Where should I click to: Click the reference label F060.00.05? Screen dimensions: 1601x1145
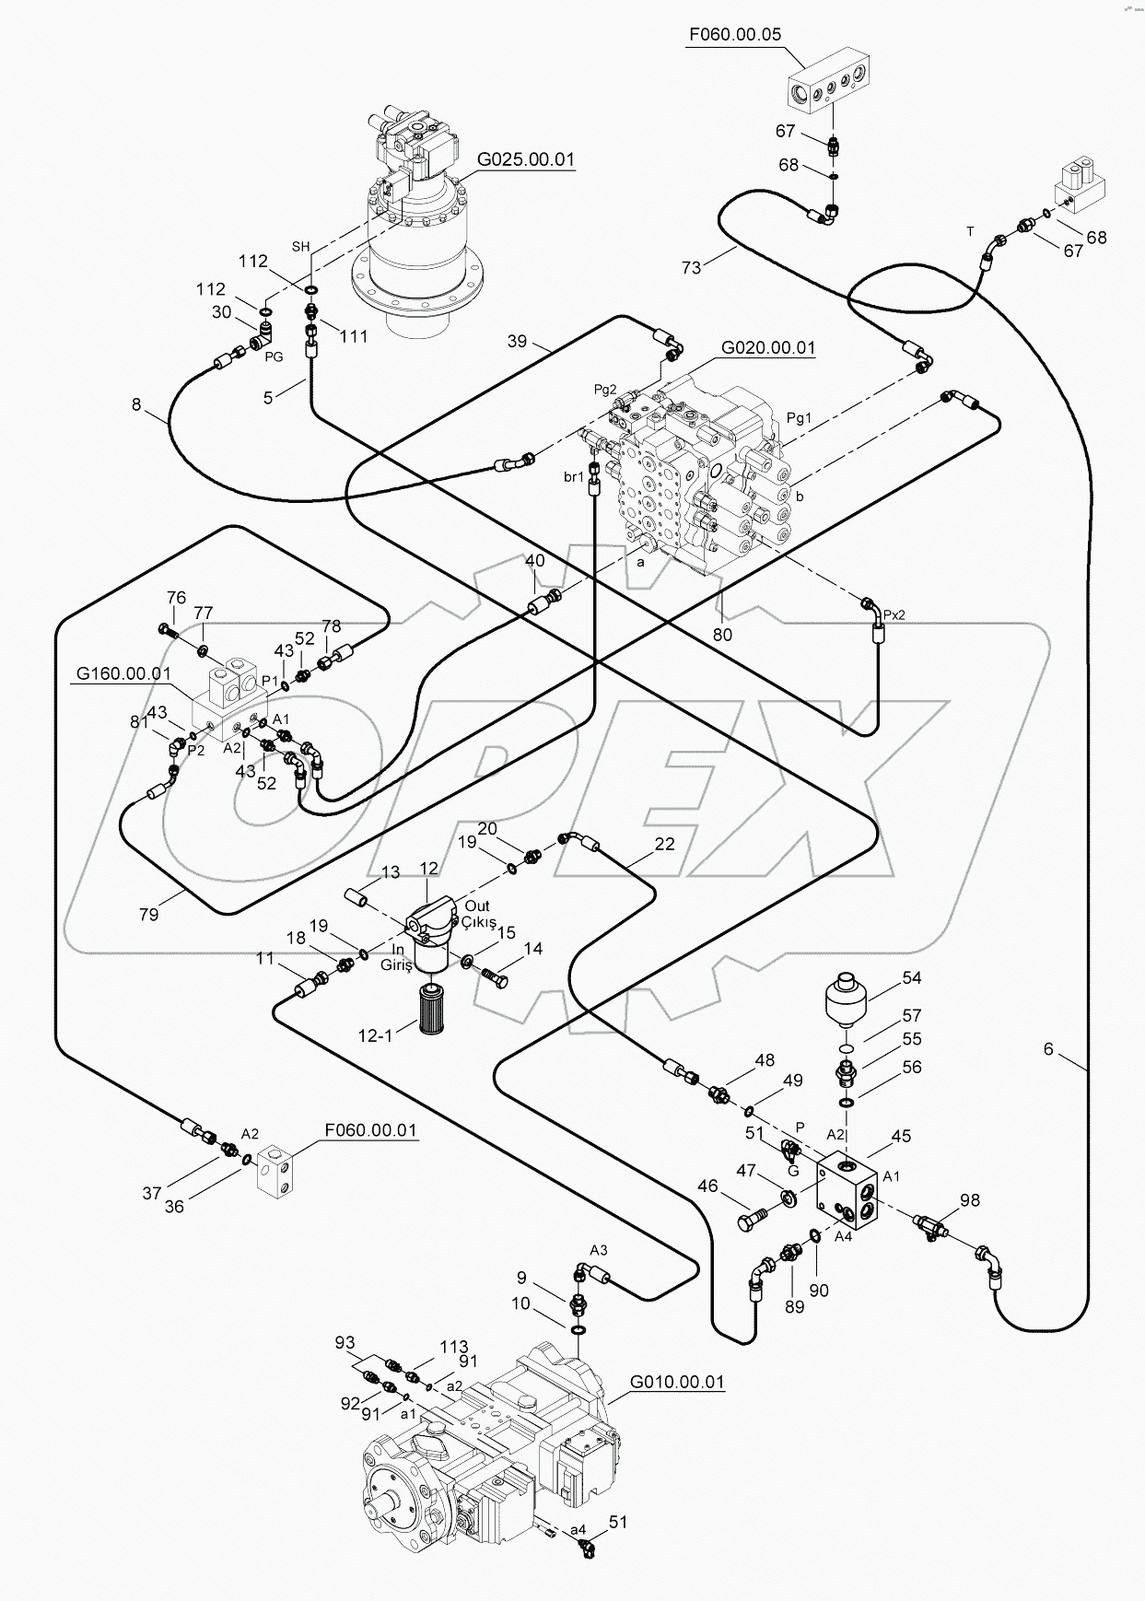point(734,35)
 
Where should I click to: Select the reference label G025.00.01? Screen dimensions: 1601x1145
point(525,159)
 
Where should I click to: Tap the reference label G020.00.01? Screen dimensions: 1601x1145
point(767,347)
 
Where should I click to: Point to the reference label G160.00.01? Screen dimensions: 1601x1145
point(123,673)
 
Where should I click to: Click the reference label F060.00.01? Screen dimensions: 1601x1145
point(369,1129)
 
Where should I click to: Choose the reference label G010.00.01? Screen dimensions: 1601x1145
point(677,1382)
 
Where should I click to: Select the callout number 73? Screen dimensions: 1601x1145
point(691,267)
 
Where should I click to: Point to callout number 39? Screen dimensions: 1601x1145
point(517,341)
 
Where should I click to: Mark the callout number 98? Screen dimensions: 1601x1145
point(970,1199)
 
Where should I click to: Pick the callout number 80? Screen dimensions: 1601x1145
point(722,635)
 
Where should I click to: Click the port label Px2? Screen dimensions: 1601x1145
point(894,614)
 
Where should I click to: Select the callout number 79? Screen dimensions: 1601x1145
point(148,914)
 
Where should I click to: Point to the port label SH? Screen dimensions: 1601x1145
point(300,246)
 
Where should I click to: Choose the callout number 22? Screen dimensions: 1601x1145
point(664,843)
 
